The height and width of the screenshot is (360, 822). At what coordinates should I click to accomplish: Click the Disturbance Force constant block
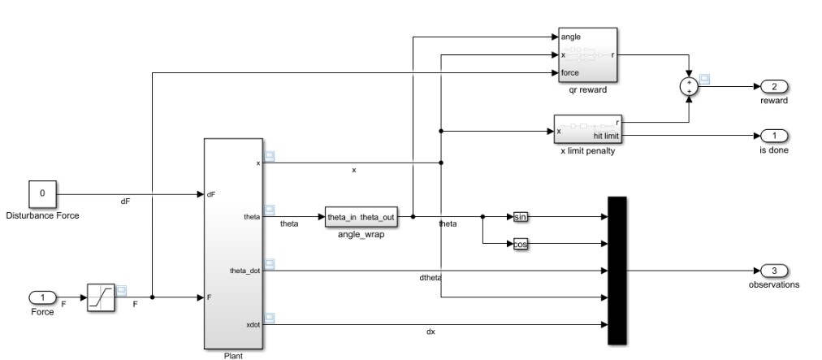tap(42, 194)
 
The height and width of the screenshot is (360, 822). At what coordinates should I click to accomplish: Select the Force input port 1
tap(42, 297)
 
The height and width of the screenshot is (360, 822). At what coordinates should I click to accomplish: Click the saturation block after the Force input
tap(101, 297)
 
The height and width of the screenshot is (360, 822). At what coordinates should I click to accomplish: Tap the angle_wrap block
tap(361, 217)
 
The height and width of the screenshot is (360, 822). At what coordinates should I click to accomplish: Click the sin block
tap(520, 217)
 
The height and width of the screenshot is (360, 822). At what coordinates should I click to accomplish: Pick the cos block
tap(520, 244)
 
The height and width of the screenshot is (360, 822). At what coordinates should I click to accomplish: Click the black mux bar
tap(617, 271)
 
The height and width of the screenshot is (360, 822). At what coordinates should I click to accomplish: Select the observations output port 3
tap(774, 271)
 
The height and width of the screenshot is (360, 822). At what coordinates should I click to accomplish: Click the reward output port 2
tap(774, 87)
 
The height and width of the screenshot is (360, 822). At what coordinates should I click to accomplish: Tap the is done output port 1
tap(774, 136)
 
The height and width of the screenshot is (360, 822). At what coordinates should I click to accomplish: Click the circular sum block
tap(689, 87)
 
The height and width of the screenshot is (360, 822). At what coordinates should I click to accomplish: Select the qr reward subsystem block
tap(588, 55)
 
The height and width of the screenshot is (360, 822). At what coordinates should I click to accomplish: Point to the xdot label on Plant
tap(253, 325)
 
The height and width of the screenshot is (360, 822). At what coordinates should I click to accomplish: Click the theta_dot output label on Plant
tap(244, 271)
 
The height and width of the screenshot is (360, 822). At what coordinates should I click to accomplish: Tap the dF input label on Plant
tap(210, 194)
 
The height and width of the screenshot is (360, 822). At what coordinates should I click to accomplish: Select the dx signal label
tap(430, 332)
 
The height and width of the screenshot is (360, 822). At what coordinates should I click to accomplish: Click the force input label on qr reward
tap(570, 73)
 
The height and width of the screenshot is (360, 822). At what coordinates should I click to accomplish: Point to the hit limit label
tap(606, 136)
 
